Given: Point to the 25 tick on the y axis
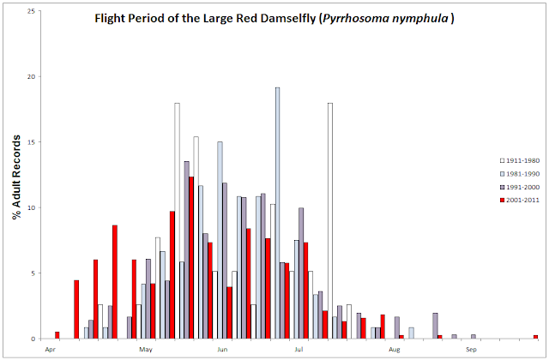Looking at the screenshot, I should [x=32, y=11].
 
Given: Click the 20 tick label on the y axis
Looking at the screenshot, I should [x=32, y=76].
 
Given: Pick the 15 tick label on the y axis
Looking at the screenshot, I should [x=32, y=142].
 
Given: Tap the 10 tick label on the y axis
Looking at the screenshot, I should [x=32, y=207].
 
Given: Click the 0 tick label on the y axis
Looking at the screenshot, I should [x=34, y=339].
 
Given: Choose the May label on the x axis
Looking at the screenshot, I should [x=146, y=350].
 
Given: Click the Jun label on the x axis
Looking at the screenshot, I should [x=222, y=350].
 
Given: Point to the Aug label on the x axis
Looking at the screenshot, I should [x=395, y=350].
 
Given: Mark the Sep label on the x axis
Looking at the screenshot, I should [x=472, y=350].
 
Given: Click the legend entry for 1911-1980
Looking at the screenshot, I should [x=520, y=160].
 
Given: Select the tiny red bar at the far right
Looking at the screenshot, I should [x=535, y=336].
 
